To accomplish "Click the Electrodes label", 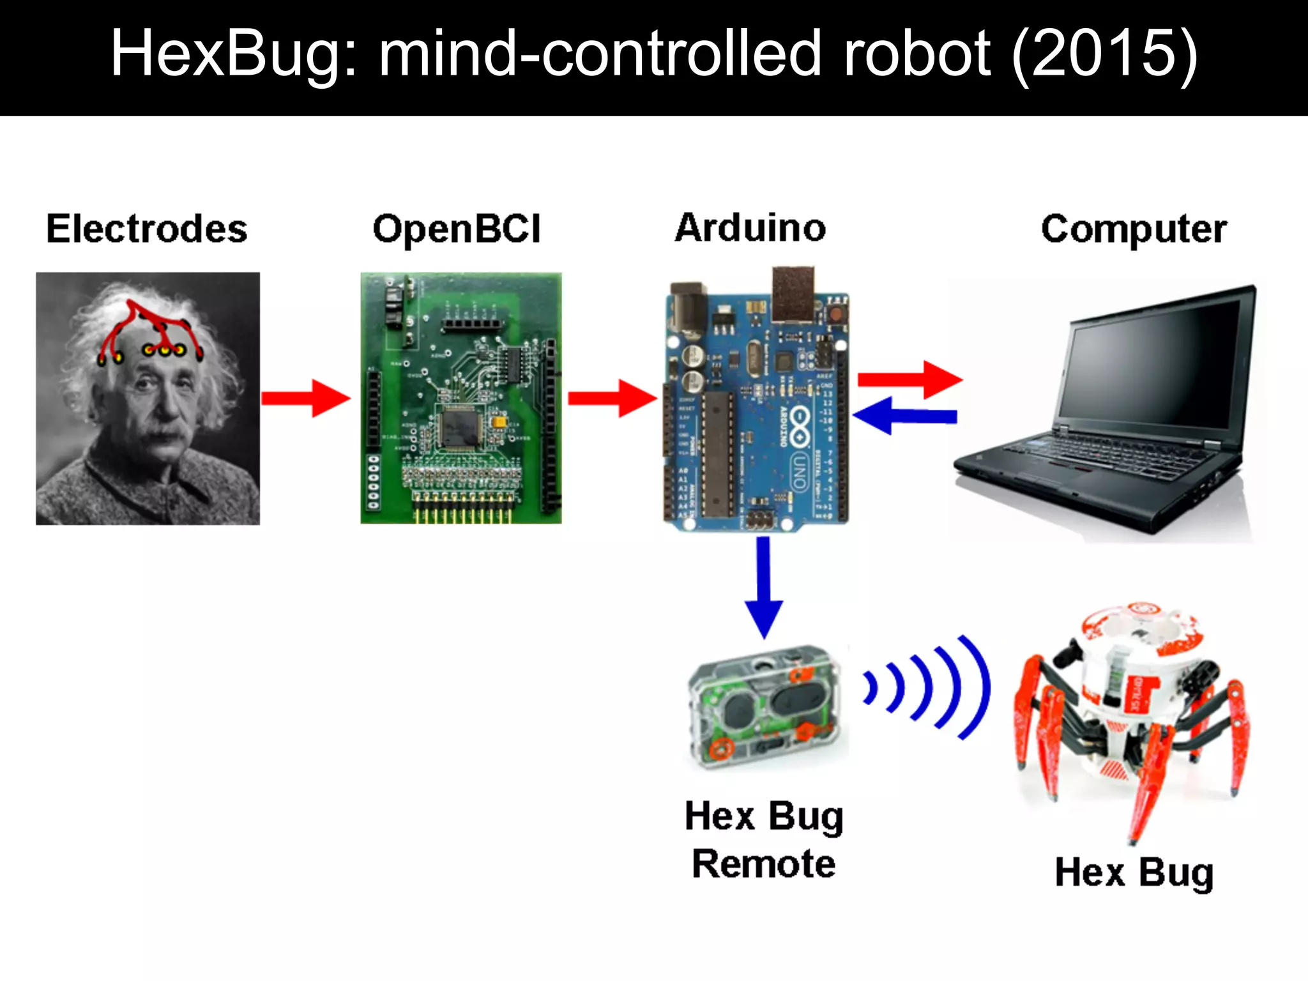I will click(147, 229).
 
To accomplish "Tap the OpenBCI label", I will click(457, 229).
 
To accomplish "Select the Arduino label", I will click(750, 227).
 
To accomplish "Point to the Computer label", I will click(1134, 229).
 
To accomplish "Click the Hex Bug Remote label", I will click(764, 840).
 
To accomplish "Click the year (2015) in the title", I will click(1105, 54).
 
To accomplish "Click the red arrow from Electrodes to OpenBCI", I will click(305, 398).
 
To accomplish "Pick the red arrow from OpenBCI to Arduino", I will click(612, 398).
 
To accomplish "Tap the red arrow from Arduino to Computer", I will click(909, 379).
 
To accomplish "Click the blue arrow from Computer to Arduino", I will click(904, 416).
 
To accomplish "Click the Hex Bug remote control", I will click(766, 706).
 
